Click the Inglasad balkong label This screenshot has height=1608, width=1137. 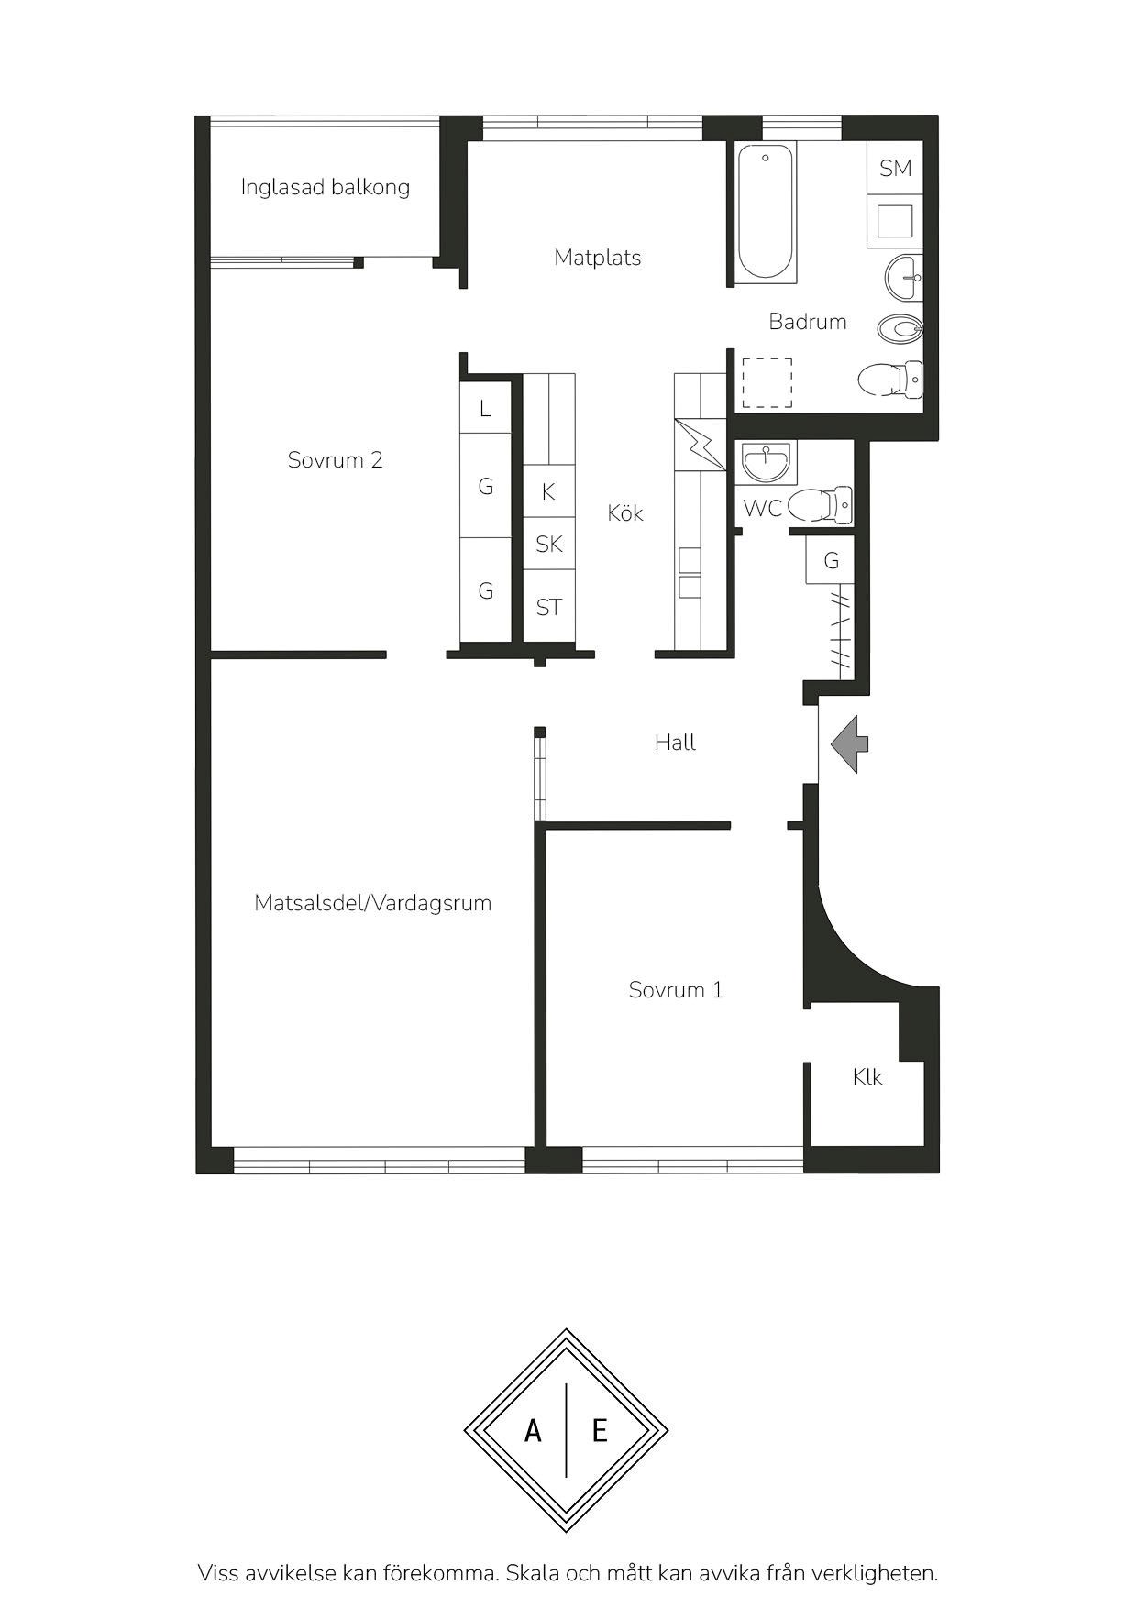coord(325,187)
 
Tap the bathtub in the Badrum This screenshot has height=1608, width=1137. coord(767,212)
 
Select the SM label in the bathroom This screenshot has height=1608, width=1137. coord(896,168)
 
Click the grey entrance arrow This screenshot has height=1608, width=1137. coord(849,743)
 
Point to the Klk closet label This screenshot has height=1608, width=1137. coord(867,1076)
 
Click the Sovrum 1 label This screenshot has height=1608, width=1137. coord(676,990)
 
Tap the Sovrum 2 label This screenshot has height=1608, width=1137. coord(335,460)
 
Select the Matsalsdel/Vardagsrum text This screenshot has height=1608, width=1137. coord(373,903)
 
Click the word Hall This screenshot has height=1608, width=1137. coord(675,743)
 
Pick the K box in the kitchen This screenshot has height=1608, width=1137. coord(549,491)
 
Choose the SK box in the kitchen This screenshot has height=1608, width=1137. coord(549,544)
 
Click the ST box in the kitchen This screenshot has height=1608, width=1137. coord(549,606)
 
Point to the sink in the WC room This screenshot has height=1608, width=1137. coord(766,462)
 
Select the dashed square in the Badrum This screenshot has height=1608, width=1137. coord(767,383)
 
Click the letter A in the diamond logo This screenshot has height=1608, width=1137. coord(533,1430)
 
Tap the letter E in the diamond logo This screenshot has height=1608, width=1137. coord(600,1430)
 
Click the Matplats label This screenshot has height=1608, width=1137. coord(598,258)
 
